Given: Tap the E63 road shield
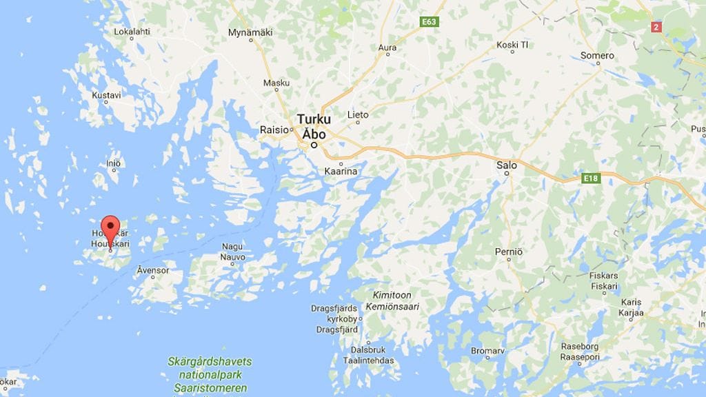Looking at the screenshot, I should (430, 22).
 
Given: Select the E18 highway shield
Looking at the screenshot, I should (590, 179).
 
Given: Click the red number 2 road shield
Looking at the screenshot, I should (656, 26).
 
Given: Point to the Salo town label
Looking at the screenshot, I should (507, 165).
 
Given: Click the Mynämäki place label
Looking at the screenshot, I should (250, 32).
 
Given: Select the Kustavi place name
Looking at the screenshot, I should (106, 95).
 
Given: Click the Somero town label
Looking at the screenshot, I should (597, 55).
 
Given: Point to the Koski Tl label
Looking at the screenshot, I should (512, 45).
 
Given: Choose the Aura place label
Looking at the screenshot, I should (387, 48).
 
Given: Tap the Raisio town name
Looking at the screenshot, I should (272, 129).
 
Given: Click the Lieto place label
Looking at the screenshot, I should (358, 114).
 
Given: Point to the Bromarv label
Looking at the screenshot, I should (487, 351).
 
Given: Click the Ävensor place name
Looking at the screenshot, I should (153, 270).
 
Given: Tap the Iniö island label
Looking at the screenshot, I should (114, 163).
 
